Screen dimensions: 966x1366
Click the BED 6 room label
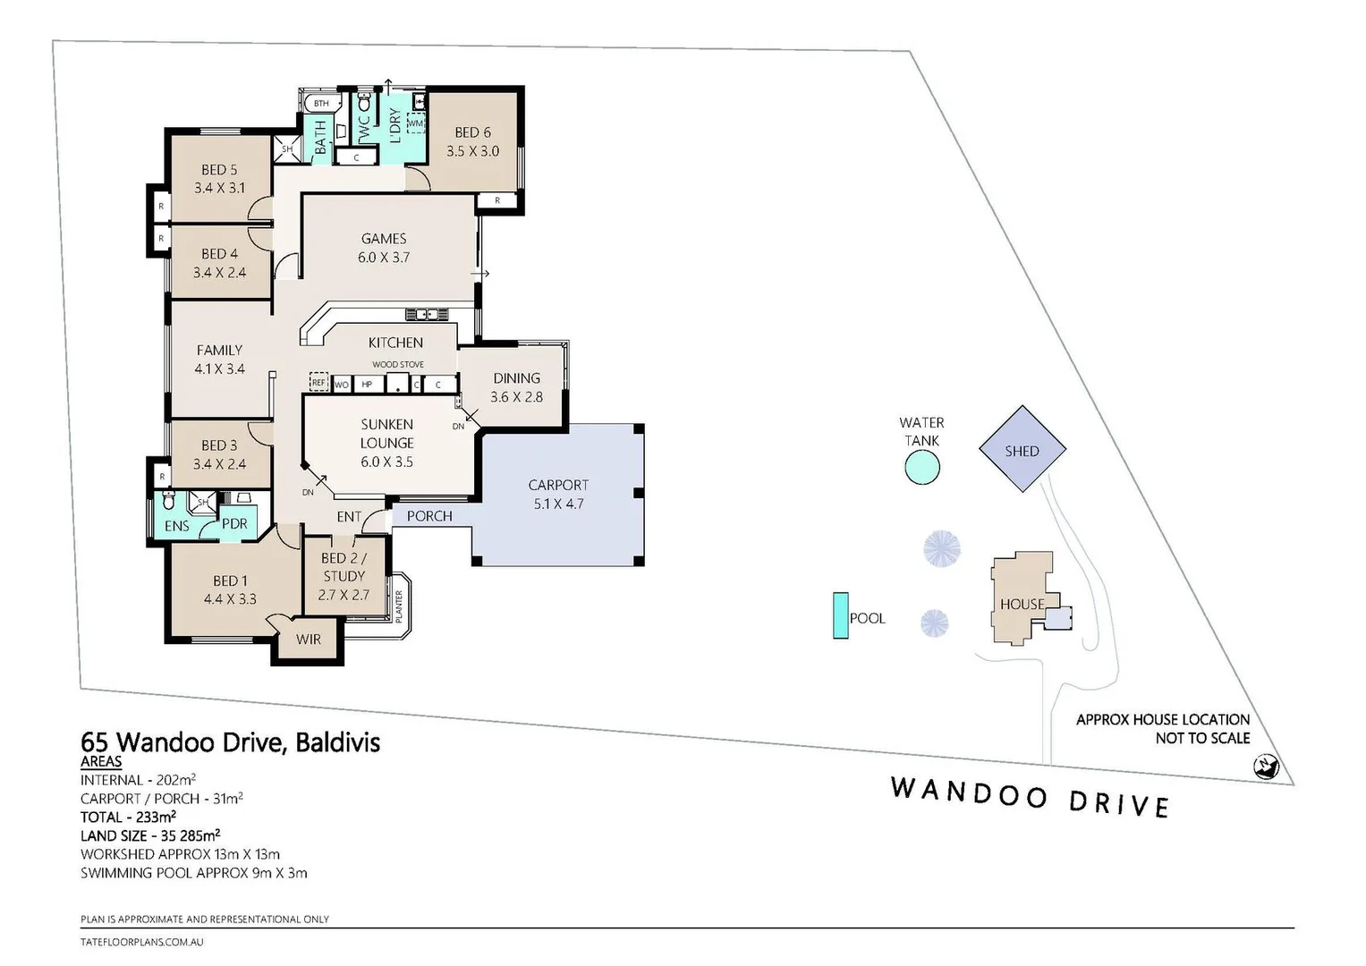pyautogui.click(x=472, y=132)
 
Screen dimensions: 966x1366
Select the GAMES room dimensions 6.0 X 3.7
pyautogui.click(x=384, y=258)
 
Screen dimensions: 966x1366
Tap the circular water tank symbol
pyautogui.click(x=922, y=467)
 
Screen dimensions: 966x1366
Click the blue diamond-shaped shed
pyautogui.click(x=1022, y=450)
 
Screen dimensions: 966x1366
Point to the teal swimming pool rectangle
pyautogui.click(x=840, y=615)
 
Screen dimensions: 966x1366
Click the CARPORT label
pyautogui.click(x=558, y=485)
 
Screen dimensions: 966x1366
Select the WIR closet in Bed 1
pyautogui.click(x=308, y=640)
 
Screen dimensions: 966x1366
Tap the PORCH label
pyautogui.click(x=429, y=516)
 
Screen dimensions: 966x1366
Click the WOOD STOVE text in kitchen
pyautogui.click(x=398, y=365)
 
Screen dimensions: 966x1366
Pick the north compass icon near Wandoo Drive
pyautogui.click(x=1266, y=767)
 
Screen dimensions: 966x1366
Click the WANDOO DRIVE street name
pyautogui.click(x=1030, y=796)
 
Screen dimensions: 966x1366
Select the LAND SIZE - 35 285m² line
pyautogui.click(x=150, y=835)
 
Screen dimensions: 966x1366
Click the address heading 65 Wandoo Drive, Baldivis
pyautogui.click(x=230, y=742)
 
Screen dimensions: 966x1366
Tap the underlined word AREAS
pyautogui.click(x=101, y=762)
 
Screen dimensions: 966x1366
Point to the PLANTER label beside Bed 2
pyautogui.click(x=399, y=606)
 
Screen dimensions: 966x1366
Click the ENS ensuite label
pyautogui.click(x=177, y=526)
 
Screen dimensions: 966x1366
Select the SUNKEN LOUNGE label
pyautogui.click(x=386, y=434)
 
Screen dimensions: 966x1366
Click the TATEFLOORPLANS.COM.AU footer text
pyautogui.click(x=142, y=942)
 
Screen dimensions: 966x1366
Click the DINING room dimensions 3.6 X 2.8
pyautogui.click(x=516, y=397)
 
